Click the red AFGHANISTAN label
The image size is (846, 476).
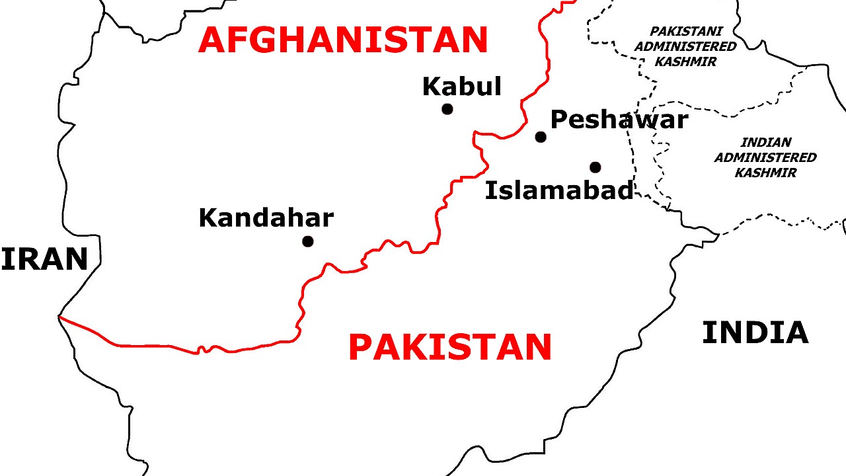(x=343, y=40)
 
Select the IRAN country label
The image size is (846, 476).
(x=44, y=260)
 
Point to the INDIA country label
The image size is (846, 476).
(x=755, y=333)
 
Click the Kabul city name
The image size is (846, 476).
(x=461, y=87)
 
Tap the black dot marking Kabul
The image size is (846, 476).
(x=447, y=109)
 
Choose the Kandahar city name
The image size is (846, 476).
(x=266, y=218)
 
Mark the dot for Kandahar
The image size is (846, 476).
(x=307, y=241)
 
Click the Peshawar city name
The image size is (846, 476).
(x=619, y=120)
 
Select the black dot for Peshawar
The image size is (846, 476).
(x=541, y=137)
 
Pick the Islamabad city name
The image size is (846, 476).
(x=559, y=190)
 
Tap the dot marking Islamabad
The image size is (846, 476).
(x=596, y=167)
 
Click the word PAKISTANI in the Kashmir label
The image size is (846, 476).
(x=685, y=32)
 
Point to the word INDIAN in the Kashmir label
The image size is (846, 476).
(x=765, y=142)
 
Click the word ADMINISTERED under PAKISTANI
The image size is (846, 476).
(x=685, y=47)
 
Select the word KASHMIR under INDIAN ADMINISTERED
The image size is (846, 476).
(x=765, y=173)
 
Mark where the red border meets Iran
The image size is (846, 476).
(x=59, y=317)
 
